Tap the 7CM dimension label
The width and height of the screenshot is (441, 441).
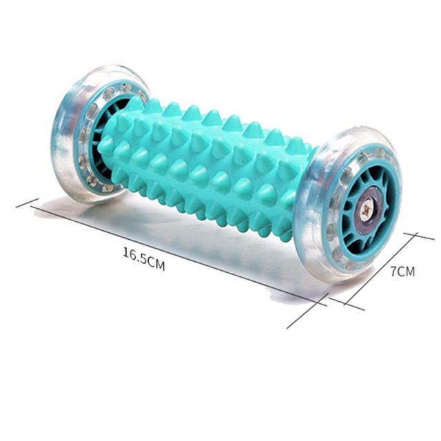pos(402,271)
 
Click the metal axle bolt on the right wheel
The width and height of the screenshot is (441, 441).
pos(365,209)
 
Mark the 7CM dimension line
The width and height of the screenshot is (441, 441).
pos(380,269)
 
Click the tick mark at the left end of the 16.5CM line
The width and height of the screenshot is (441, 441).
pos(27,203)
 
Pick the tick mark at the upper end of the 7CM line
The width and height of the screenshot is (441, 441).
pos(419,236)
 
